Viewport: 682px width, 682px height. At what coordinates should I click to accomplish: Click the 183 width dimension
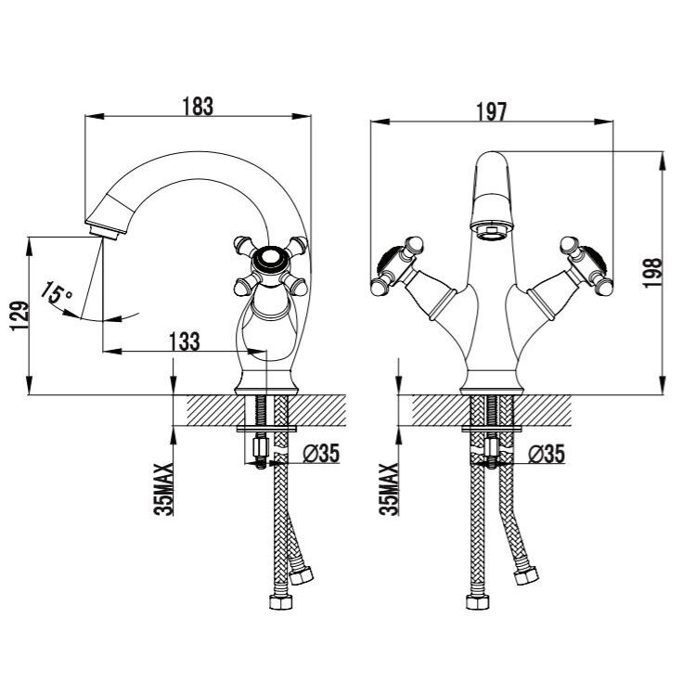click(x=198, y=107)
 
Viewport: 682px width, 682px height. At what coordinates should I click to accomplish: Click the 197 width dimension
click(x=492, y=112)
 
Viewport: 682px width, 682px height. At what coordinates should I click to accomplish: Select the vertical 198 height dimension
click(x=652, y=273)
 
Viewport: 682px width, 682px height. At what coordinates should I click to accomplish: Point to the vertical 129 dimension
click(x=19, y=315)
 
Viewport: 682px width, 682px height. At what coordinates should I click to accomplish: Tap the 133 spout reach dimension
click(x=184, y=341)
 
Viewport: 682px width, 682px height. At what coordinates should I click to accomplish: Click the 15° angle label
click(x=57, y=292)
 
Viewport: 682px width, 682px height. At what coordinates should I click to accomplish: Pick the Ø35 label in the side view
click(x=321, y=454)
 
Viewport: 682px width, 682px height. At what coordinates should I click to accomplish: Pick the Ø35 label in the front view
click(x=547, y=454)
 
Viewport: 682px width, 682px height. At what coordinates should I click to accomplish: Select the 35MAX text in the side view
click(x=163, y=489)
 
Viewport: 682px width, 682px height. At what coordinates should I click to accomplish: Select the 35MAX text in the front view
click(x=389, y=489)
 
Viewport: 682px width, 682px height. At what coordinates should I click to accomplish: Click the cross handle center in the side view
click(x=271, y=260)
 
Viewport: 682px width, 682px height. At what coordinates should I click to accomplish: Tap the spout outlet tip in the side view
click(x=104, y=234)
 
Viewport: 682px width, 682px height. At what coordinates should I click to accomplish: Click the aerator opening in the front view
click(x=492, y=231)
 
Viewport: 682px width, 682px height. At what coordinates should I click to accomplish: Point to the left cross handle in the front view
click(x=397, y=265)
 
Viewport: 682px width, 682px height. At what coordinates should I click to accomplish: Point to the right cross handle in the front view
click(x=586, y=265)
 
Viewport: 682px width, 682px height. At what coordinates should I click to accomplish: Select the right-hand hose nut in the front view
click(x=526, y=577)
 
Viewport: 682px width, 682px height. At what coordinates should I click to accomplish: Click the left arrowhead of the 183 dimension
click(x=95, y=116)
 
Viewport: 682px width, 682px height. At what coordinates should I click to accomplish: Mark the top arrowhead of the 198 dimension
click(x=663, y=161)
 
